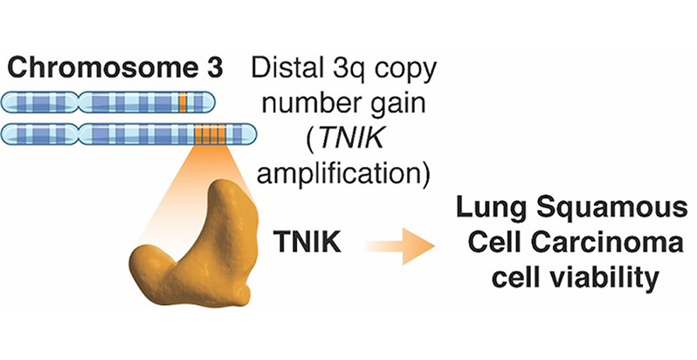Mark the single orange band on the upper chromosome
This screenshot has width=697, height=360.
pyautogui.click(x=182, y=100)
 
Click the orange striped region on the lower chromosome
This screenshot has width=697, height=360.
pyautogui.click(x=210, y=135)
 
